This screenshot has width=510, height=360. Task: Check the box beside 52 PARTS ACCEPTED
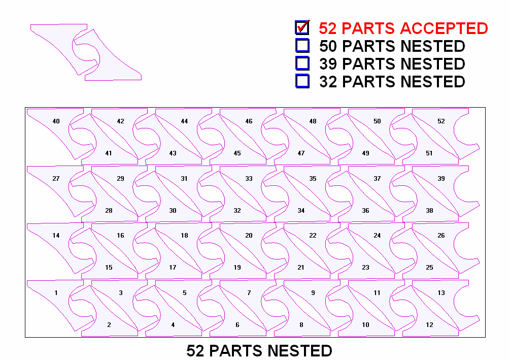pos(302,27)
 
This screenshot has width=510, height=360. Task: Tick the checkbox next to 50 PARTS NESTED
pos(302,46)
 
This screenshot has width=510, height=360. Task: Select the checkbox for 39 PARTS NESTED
pos(302,63)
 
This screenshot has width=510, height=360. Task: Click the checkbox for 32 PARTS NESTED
pos(302,81)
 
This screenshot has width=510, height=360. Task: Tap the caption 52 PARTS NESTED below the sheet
pos(259,351)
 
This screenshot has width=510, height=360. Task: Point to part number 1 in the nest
pos(56,293)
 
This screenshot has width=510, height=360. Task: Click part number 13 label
pos(441,293)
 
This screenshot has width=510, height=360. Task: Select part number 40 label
pos(56,121)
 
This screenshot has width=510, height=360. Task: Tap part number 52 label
pos(441,121)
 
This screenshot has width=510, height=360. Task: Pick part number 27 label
pos(56,179)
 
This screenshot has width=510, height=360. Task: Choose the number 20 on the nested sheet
pos(249,236)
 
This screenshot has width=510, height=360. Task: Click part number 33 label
pos(249,179)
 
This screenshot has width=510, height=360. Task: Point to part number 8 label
pos(301,325)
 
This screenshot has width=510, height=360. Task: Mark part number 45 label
pos(237,153)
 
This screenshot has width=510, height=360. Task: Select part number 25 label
pos(429,268)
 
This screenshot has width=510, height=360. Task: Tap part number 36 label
pos(365,211)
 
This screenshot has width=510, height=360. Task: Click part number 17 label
pos(173,268)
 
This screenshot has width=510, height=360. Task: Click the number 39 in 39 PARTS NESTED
pos(328,64)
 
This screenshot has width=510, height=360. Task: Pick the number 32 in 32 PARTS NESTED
pos(328,82)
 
